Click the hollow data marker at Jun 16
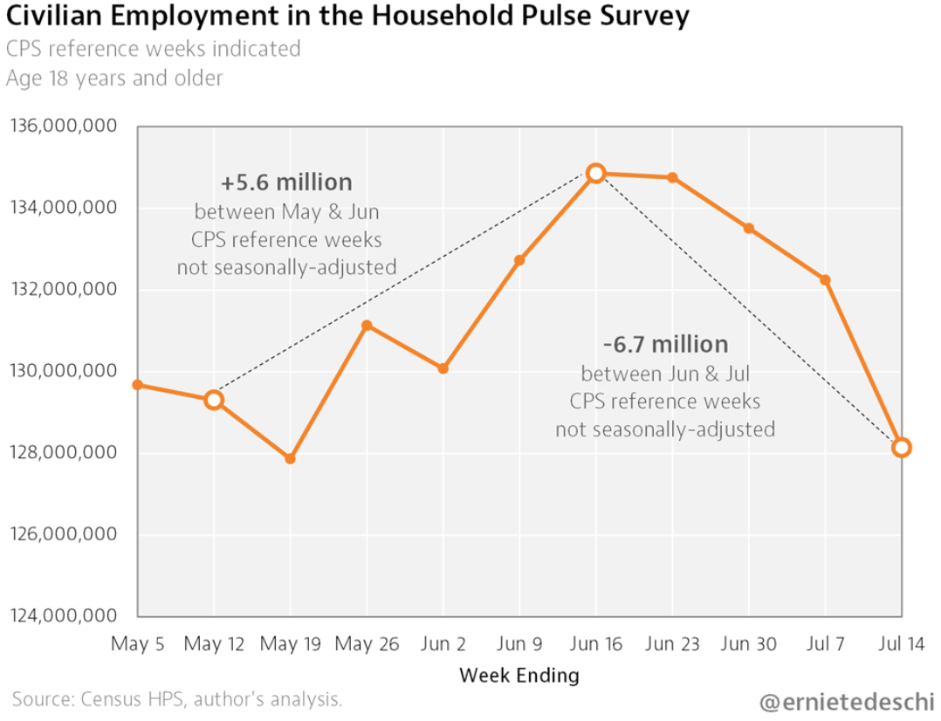point(595,173)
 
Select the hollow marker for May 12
point(214,401)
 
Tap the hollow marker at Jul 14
point(902,448)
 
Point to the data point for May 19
point(290,458)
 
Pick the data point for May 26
point(367,326)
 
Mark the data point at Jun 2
point(443,368)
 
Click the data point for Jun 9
point(519,260)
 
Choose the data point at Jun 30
point(749,229)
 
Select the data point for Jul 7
point(825,280)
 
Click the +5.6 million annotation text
point(286,182)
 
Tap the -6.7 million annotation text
point(665,344)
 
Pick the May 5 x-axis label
point(138,644)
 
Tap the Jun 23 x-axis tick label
point(672,644)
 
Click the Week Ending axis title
point(519,675)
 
